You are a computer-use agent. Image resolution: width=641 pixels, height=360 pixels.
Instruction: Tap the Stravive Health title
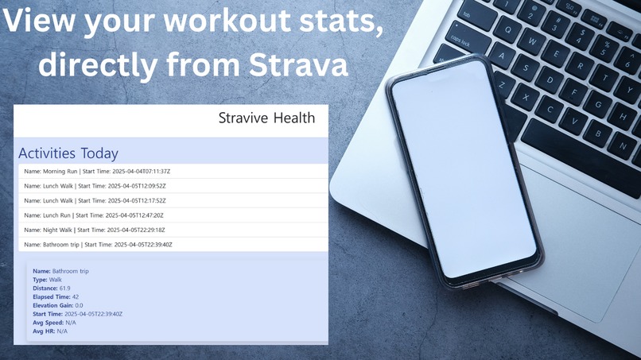click(x=266, y=118)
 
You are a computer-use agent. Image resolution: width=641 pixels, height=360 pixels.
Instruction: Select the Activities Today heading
click(x=68, y=153)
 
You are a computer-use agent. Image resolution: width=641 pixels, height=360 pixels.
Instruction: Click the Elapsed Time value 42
click(x=75, y=296)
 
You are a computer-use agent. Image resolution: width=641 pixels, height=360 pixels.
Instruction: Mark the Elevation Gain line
click(x=57, y=305)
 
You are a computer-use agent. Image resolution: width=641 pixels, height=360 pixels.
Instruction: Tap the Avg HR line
click(x=50, y=331)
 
